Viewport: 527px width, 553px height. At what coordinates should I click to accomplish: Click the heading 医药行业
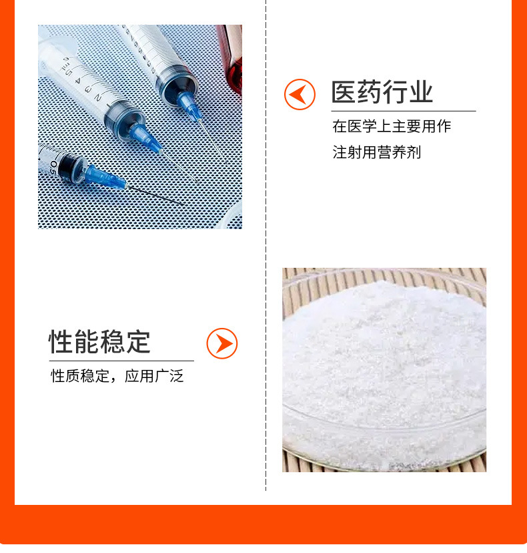click(x=382, y=93)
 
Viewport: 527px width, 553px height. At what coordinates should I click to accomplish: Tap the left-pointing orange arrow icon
click(x=300, y=94)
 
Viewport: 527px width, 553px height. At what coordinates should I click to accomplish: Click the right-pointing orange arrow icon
click(x=222, y=343)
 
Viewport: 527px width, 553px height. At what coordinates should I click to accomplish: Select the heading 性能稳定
click(x=100, y=342)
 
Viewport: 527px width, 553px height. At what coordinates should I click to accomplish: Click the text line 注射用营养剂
click(x=377, y=152)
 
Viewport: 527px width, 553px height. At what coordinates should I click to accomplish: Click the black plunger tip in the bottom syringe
click(x=67, y=165)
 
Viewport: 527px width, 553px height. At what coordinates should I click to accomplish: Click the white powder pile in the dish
click(x=380, y=361)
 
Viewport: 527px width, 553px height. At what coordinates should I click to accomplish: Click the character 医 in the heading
click(x=344, y=93)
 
